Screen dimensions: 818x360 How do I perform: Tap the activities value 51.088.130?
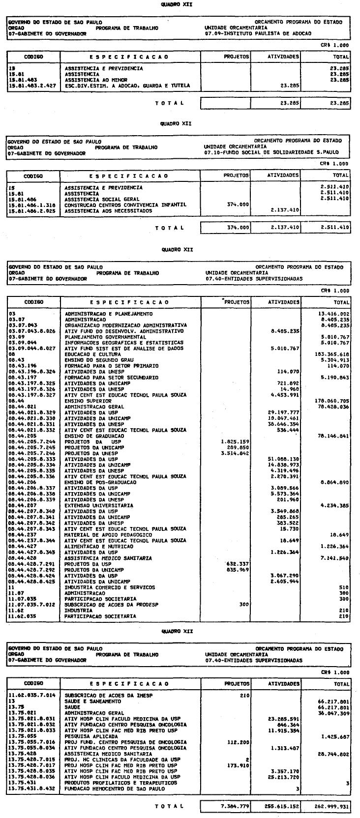(x=284, y=459)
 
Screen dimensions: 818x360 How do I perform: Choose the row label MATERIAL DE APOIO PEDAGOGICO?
(x=108, y=534)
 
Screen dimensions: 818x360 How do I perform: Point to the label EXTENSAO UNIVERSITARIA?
(x=99, y=505)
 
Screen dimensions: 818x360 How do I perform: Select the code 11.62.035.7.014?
(x=31, y=695)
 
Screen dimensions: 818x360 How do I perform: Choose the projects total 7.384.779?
(x=234, y=806)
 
